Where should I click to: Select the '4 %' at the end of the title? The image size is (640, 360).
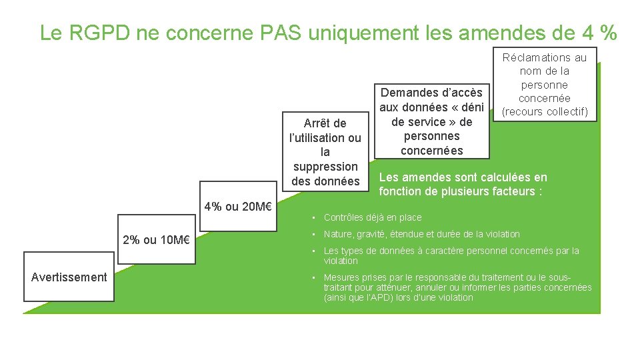tap(599, 33)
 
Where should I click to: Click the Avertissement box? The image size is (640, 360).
tap(69, 277)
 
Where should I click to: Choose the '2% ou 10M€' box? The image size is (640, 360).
tap(157, 240)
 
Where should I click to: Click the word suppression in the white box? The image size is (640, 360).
tap(325, 167)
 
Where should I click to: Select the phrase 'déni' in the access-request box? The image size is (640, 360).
tap(469, 107)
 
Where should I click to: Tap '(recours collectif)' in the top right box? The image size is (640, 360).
tap(545, 112)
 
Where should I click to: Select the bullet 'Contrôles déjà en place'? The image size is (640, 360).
tap(372, 217)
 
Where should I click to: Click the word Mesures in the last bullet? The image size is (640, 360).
tap(340, 277)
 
